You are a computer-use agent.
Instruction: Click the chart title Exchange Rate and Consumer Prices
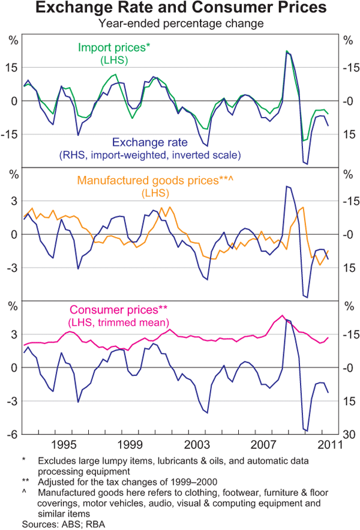coord(180,10)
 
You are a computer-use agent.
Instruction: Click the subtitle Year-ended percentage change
coord(180,24)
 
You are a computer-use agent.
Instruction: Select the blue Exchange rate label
coord(150,142)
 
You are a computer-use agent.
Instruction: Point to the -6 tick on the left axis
coord(12,435)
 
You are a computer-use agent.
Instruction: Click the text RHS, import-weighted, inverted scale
coord(150,155)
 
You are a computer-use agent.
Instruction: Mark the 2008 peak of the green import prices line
coord(287,52)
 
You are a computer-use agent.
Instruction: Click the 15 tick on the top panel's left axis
coord(12,67)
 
